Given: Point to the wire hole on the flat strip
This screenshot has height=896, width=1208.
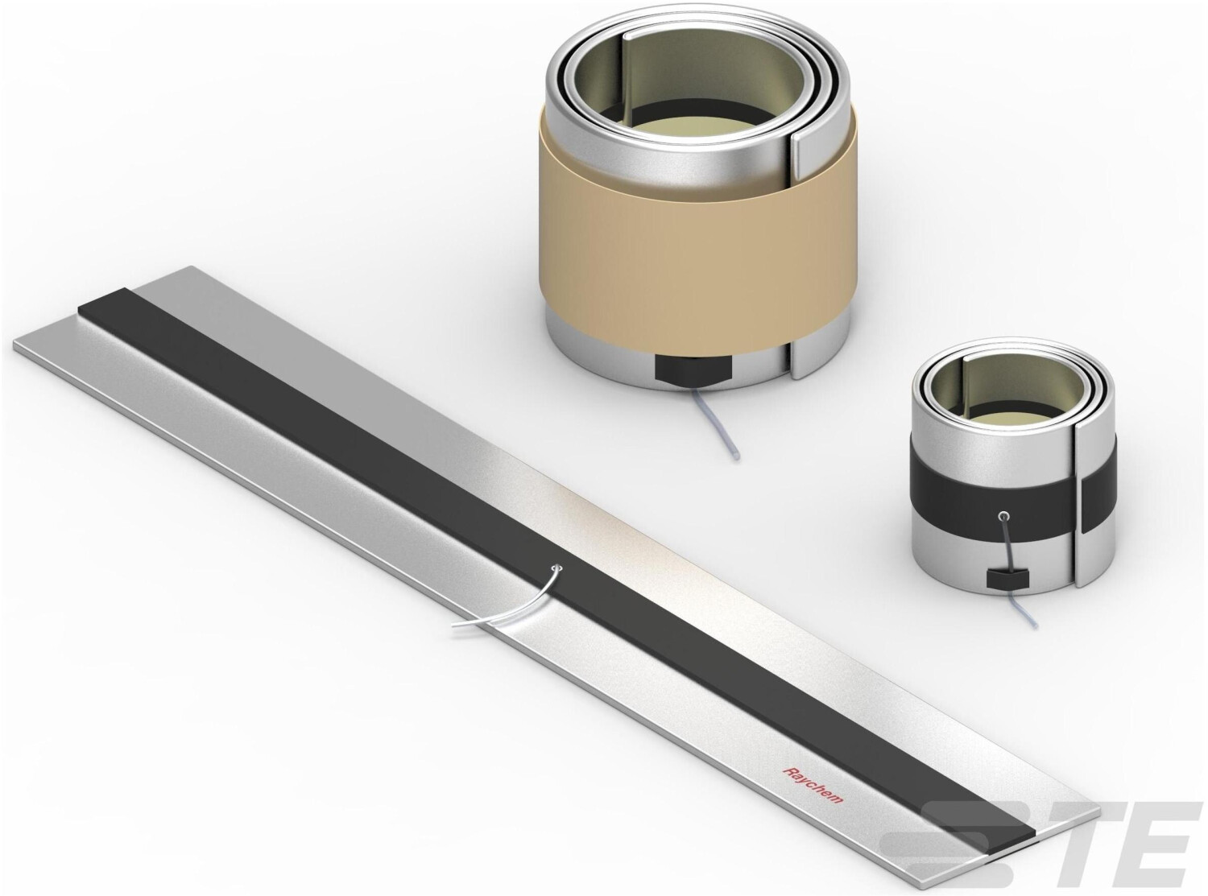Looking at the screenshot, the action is point(558,568).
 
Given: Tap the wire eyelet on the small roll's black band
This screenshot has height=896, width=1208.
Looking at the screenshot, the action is point(1003,514).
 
